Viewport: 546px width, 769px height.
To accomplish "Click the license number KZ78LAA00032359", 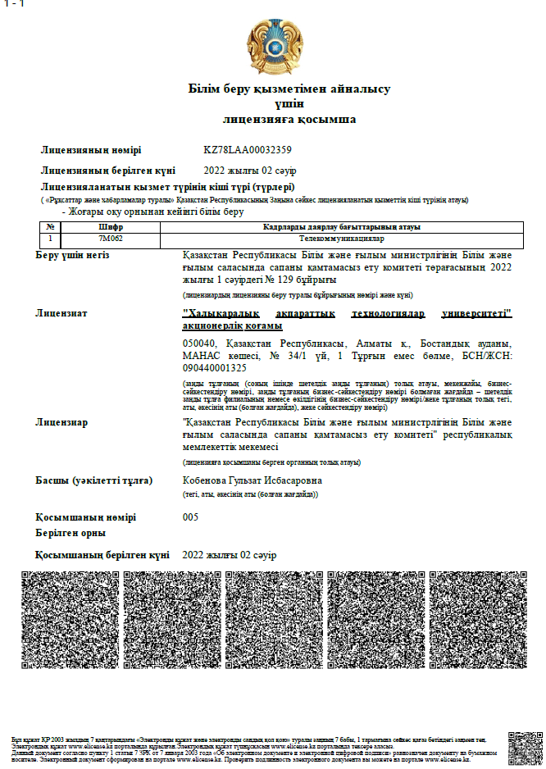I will click(248, 150).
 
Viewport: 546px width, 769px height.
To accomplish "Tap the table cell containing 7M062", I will click(111, 238).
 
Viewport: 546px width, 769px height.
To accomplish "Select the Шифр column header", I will click(111, 227).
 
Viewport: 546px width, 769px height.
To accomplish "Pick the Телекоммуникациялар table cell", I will click(341, 238).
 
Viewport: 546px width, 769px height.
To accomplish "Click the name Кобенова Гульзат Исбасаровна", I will click(253, 480).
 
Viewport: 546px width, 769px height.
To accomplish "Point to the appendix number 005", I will click(190, 517).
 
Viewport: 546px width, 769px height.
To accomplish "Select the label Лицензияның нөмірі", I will click(91, 150).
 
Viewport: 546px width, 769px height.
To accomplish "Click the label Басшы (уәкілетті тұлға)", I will click(93, 480).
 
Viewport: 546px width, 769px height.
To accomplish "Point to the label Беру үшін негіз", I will click(72, 255).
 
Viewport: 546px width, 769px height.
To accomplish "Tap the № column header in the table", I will click(50, 227).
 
